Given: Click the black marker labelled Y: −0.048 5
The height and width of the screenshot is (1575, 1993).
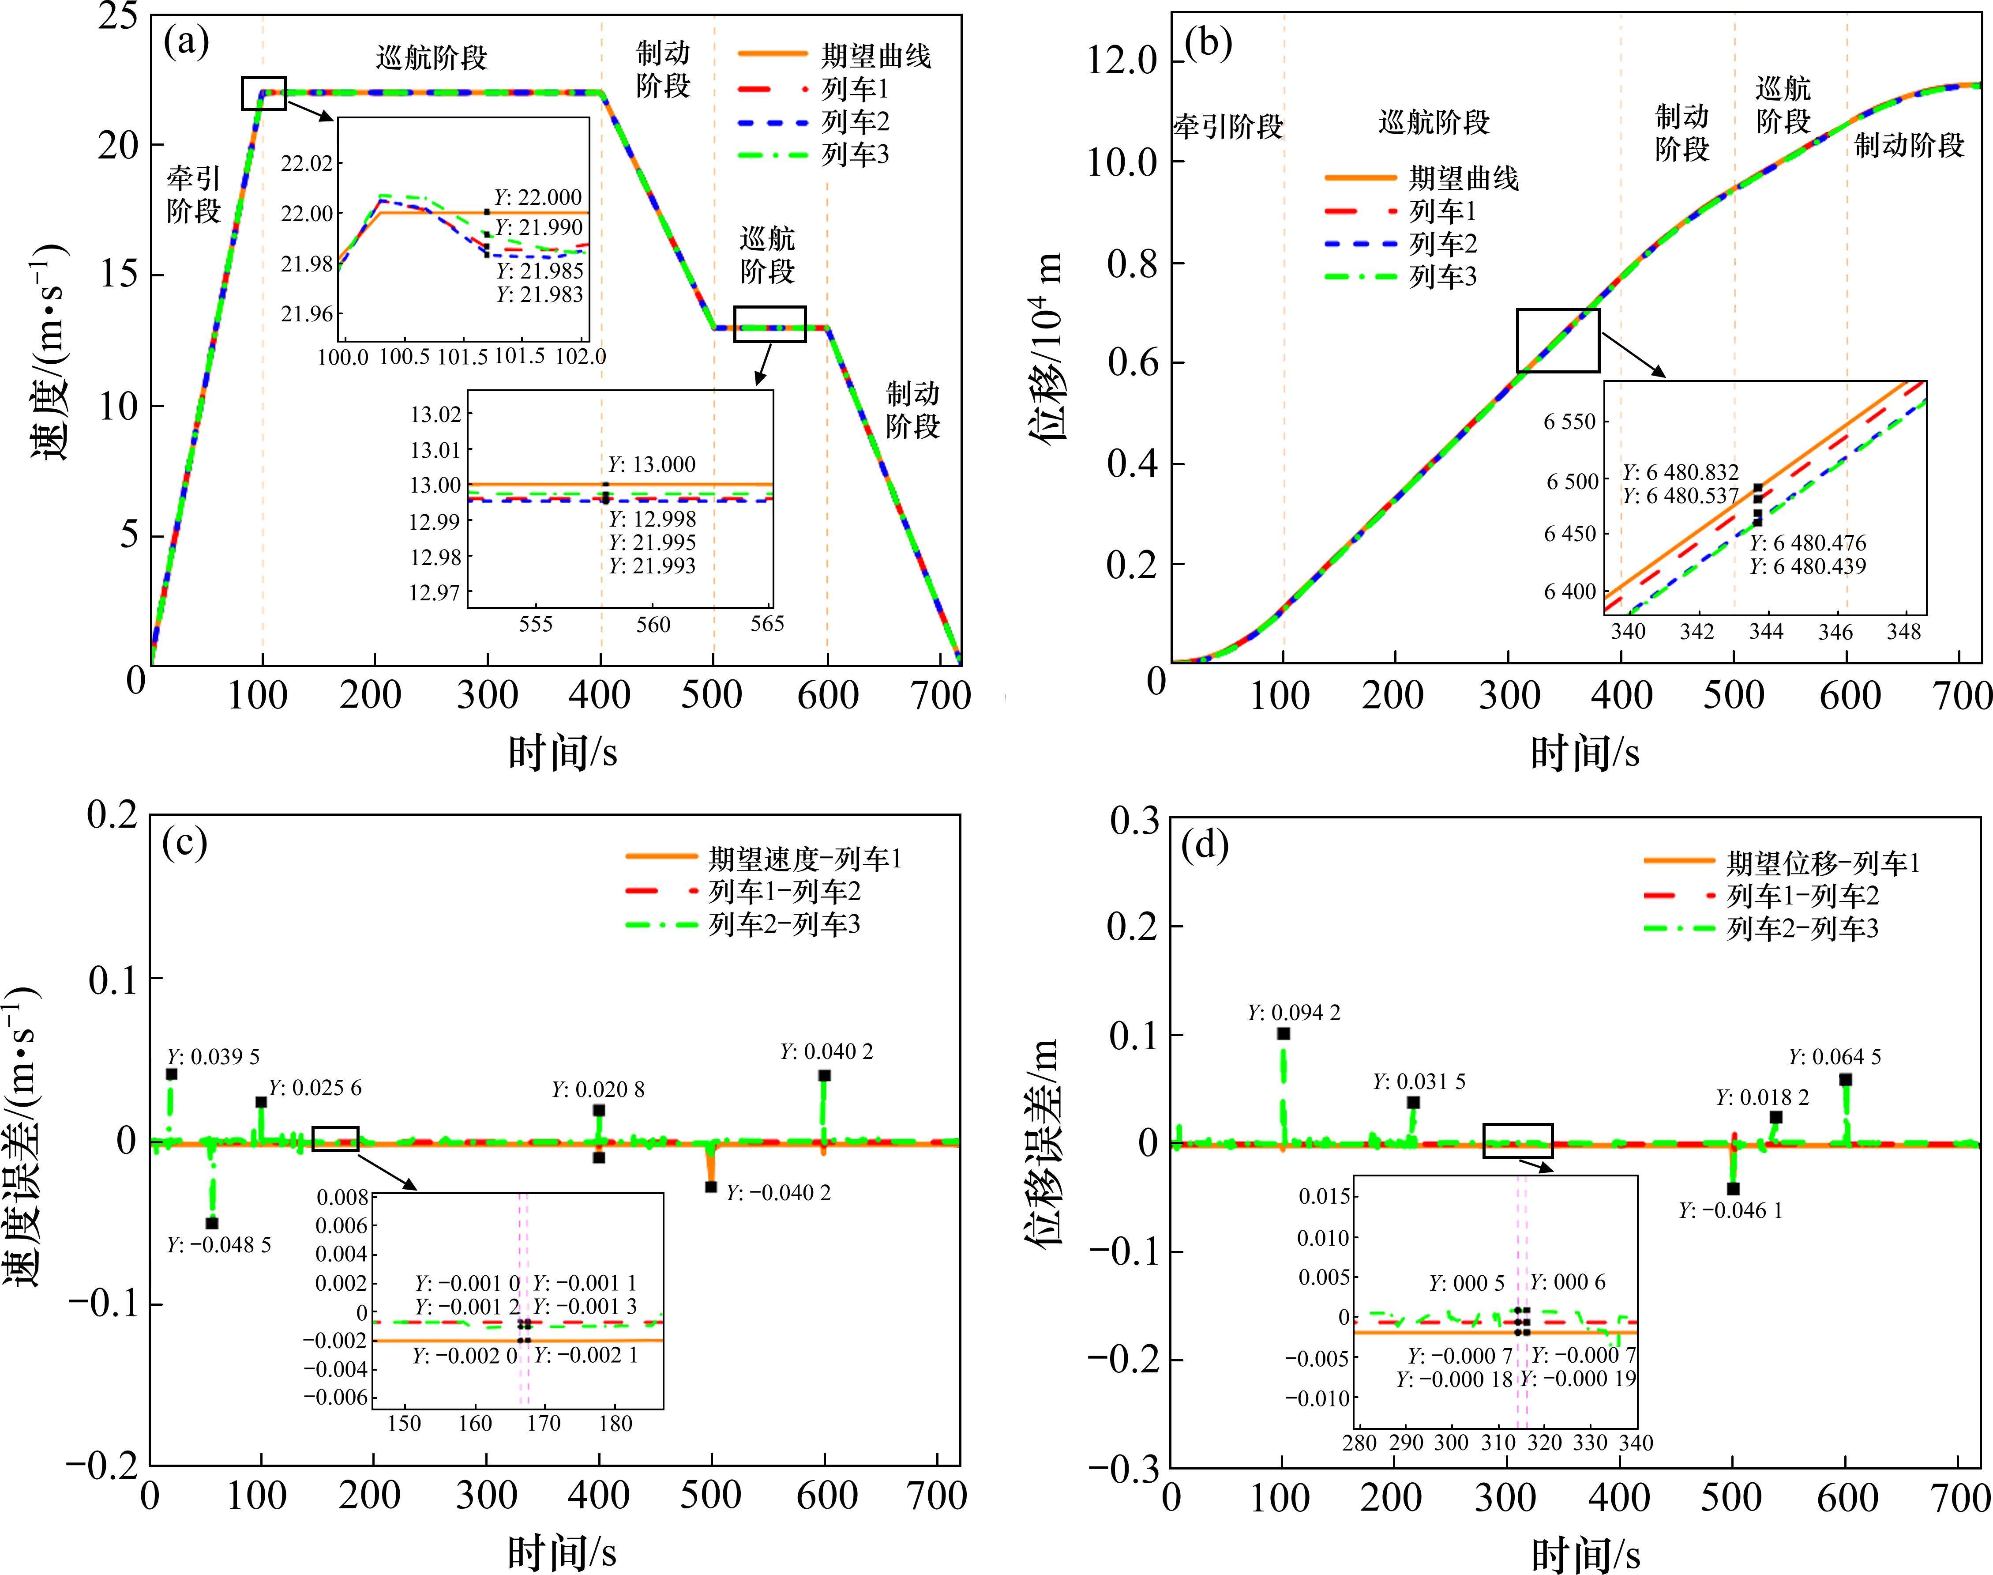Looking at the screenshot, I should click(x=212, y=1223).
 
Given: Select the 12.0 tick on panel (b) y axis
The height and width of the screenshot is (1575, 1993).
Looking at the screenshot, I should click(x=1122, y=62).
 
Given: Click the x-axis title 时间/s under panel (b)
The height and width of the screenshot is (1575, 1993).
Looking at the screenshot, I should click(x=1584, y=754).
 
